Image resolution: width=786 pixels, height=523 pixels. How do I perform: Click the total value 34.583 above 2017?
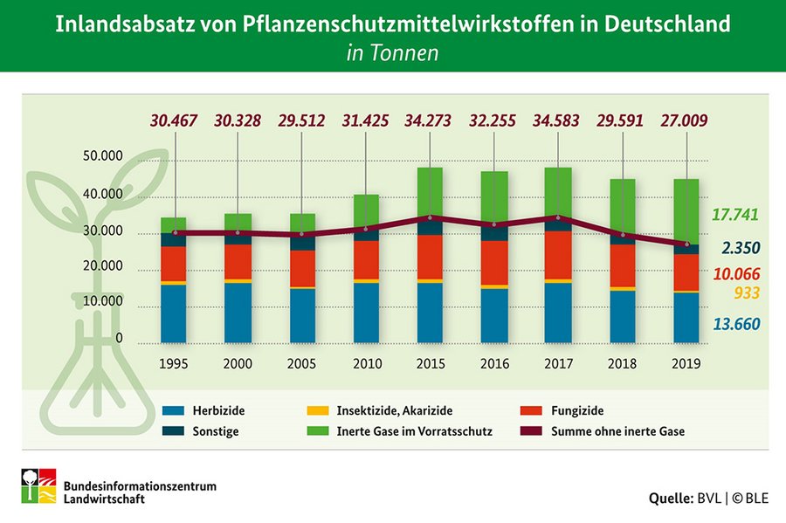point(559,120)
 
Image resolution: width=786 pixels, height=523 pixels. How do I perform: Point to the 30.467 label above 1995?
point(175,120)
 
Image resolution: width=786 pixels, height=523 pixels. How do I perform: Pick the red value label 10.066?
point(734,274)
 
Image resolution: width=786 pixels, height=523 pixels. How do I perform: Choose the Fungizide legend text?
point(577,410)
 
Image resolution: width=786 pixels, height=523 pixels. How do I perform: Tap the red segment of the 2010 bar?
point(367,259)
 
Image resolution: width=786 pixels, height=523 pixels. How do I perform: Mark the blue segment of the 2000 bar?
point(238,312)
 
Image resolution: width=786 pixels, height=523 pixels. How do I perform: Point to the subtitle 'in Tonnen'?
point(392,52)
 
